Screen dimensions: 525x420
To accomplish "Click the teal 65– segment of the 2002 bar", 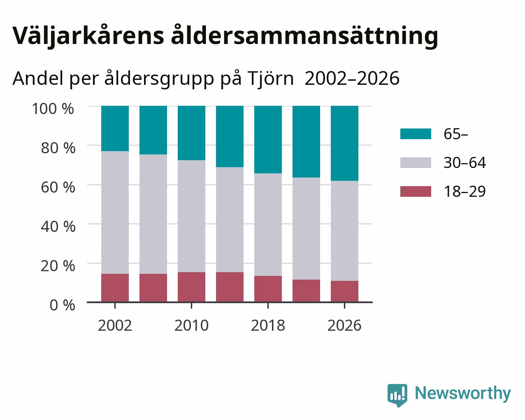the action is point(115,128).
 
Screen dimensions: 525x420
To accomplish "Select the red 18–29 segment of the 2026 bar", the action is point(344,291).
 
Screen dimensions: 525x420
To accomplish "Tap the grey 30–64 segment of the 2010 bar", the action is point(191,216).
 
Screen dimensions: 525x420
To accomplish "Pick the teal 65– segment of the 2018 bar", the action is point(268,140).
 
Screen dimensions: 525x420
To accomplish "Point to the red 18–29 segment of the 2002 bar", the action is point(115,288).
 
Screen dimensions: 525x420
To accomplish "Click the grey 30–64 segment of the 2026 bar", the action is point(344,231).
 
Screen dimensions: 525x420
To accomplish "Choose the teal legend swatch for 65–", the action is point(416,134).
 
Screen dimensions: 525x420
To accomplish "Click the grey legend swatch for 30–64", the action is point(416,163).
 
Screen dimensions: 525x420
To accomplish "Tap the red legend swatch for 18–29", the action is point(416,191).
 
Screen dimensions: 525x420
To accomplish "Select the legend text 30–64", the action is point(465,163).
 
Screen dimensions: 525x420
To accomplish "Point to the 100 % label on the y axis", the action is point(53,109).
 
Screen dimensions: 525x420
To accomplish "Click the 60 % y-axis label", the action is point(58,187).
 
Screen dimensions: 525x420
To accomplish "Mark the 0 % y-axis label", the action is point(63,305).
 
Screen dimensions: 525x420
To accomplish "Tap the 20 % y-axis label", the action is point(58,266).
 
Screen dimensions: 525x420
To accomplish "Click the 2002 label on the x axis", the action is point(115,325).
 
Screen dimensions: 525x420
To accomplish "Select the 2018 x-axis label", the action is point(268,325).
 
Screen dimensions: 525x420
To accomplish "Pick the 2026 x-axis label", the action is point(344,325).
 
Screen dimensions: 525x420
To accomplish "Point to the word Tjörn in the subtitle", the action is point(271,78).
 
